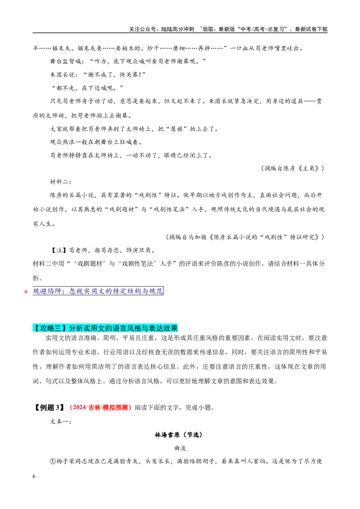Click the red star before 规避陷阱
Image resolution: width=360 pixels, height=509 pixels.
pyautogui.click(x=26, y=291)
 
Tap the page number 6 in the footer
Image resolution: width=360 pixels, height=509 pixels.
pyautogui.click(x=34, y=476)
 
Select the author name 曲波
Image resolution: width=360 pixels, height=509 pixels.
pyautogui.click(x=180, y=448)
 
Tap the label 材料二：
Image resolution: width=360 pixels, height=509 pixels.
pyautogui.click(x=61, y=182)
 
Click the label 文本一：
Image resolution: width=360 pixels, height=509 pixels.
pyautogui.click(x=61, y=421)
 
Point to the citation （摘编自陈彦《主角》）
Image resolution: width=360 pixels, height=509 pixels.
pyautogui.click(x=293, y=168)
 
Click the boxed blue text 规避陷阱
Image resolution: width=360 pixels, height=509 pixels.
pyautogui.click(x=98, y=291)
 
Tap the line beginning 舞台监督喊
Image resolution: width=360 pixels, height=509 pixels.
pyautogui.click(x=128, y=61)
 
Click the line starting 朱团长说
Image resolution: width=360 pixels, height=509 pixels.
pyautogui.click(x=98, y=74)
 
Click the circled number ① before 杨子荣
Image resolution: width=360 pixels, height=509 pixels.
pyautogui.click(x=53, y=461)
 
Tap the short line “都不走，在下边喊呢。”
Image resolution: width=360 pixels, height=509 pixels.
pyautogui.click(x=88, y=88)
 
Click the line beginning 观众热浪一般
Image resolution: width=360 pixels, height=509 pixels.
pyautogui.click(x=96, y=142)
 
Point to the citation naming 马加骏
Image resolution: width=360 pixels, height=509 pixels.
pyautogui.click(x=245, y=237)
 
